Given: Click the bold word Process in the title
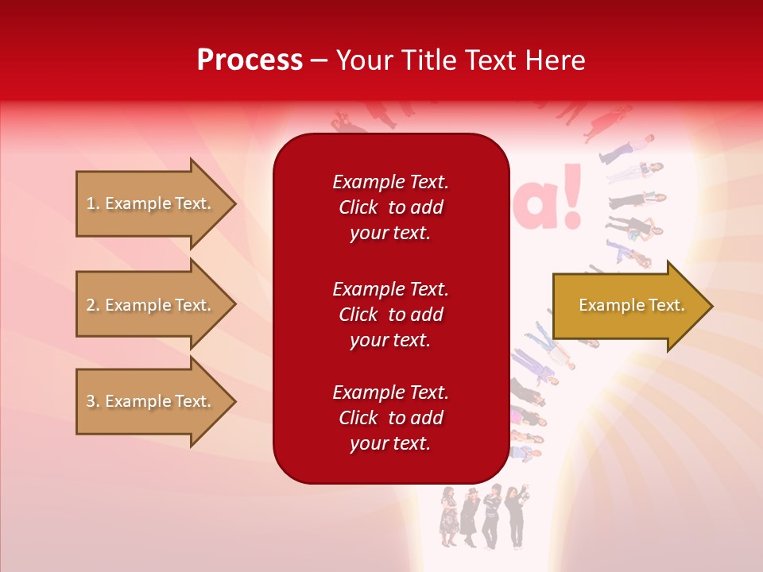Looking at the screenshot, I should click(250, 60).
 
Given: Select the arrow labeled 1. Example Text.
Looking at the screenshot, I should click(151, 203).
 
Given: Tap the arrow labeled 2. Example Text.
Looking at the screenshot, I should click(151, 305).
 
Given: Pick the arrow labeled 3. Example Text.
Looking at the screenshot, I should click(151, 401).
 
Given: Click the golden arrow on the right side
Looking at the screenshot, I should click(628, 306).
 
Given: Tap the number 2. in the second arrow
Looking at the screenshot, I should click(93, 305).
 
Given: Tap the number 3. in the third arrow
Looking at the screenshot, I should click(93, 401).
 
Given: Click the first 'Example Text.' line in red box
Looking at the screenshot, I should click(390, 182).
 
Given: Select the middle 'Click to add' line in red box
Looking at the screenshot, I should click(390, 315).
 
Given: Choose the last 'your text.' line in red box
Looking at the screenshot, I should click(390, 443).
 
